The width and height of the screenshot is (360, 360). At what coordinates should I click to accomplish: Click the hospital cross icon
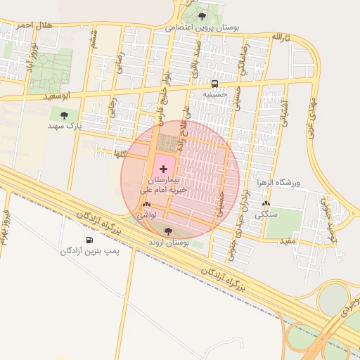point(165,169)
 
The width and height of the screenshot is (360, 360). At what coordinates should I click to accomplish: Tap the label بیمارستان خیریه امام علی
point(165,185)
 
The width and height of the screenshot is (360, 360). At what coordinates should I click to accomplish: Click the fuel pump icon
point(89,240)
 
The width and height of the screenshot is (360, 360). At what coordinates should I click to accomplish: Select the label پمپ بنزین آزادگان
point(88,251)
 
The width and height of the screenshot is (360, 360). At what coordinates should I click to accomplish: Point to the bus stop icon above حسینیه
point(215,83)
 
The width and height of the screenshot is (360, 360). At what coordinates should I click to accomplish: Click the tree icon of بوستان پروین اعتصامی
point(202,16)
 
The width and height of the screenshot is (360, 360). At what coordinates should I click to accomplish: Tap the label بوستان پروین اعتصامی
point(202,28)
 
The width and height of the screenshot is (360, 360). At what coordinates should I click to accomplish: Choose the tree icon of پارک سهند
point(65,115)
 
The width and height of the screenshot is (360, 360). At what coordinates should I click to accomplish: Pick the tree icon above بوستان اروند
point(167,231)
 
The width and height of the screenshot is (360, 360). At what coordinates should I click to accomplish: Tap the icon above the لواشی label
point(146,205)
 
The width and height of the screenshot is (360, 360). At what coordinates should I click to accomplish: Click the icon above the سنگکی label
point(266,204)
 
